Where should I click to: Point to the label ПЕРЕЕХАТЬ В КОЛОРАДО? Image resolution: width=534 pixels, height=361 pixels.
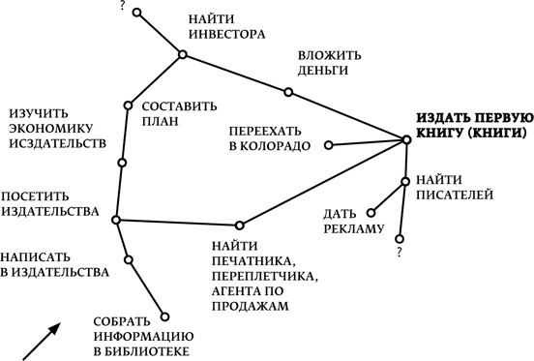270,137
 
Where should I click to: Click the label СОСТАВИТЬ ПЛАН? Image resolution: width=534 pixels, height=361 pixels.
179,115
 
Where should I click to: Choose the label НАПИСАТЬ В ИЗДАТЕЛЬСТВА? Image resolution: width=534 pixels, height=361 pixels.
53,264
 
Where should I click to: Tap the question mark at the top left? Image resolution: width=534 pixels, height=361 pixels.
122,7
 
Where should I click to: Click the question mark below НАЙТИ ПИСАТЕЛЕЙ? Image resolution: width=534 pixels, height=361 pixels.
399,254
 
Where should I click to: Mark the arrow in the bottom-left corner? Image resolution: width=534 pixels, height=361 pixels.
42,341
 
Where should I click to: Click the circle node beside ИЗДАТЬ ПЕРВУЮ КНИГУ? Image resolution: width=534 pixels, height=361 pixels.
406,140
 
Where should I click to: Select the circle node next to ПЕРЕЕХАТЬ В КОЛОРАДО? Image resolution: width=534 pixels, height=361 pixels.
329,146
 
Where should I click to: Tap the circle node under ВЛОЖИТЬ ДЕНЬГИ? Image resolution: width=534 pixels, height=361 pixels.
288,93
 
